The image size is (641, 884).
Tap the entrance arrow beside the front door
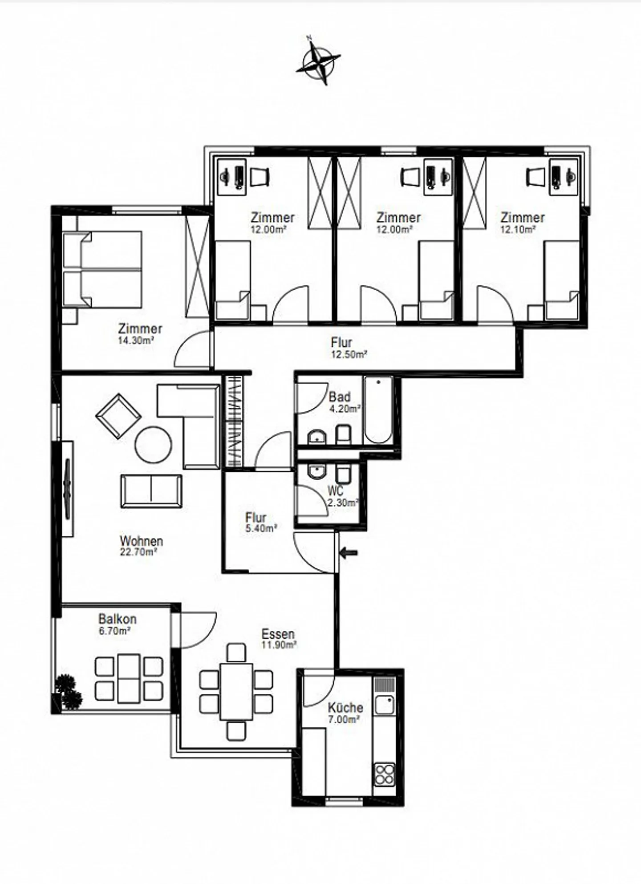click(349, 553)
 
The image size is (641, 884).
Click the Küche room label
click(345, 707)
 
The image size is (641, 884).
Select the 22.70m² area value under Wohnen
click(139, 552)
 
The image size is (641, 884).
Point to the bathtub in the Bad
click(378, 410)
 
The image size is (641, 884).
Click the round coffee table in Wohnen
click(154, 444)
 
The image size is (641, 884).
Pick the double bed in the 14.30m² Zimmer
click(102, 269)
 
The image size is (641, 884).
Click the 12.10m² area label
click(518, 230)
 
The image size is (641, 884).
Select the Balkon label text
click(117, 619)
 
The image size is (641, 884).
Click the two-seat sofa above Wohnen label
click(151, 491)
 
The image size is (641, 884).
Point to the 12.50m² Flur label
click(349, 355)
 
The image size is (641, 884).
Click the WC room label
click(336, 491)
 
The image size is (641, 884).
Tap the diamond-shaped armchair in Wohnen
click(118, 416)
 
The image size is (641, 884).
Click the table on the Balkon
click(129, 678)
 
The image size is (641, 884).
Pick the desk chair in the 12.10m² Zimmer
click(535, 177)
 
